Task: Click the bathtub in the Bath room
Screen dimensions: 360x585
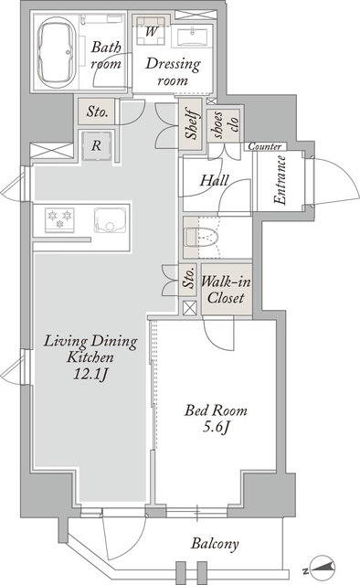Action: (57, 51)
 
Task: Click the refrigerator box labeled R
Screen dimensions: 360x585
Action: (97, 145)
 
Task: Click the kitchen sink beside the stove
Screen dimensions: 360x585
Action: (110, 220)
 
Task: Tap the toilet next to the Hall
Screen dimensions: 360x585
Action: (201, 238)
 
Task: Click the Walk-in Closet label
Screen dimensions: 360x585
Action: (226, 290)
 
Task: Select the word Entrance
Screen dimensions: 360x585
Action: (280, 180)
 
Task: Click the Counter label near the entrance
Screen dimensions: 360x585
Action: (264, 146)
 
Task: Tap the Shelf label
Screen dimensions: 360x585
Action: (191, 123)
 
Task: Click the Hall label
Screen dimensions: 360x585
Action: (214, 181)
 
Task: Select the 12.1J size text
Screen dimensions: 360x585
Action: (90, 374)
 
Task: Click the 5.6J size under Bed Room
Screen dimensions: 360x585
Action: (216, 427)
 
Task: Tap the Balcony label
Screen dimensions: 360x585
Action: (215, 544)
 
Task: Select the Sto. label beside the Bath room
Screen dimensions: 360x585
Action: (98, 112)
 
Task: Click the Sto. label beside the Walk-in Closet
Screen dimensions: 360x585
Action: (189, 278)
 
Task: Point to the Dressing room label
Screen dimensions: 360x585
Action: (173, 71)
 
